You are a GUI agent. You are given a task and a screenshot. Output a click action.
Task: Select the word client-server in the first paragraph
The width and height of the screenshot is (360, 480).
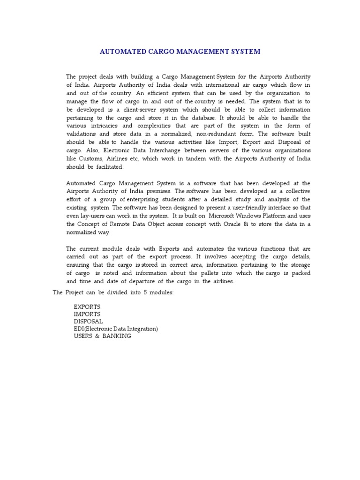click(x=137, y=110)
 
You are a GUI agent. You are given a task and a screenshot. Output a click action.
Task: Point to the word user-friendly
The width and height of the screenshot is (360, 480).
click(x=249, y=207)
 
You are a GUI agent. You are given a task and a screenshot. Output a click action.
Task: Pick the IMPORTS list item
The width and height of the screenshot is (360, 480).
click(x=87, y=314)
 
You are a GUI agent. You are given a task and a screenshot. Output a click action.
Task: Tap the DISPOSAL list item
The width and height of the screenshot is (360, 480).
click(x=88, y=322)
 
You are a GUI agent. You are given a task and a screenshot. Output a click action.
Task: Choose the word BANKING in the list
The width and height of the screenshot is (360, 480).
click(x=117, y=337)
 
